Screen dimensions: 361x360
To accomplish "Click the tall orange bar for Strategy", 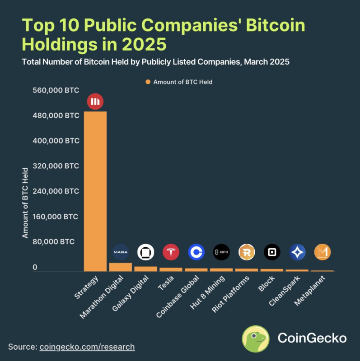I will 95,191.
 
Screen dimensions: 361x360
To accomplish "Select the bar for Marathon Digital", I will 120,267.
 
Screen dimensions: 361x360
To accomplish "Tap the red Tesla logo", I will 171,252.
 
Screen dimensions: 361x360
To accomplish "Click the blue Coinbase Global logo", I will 196,252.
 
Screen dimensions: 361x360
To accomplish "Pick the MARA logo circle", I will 121,252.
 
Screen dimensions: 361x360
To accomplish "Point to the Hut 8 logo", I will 221,252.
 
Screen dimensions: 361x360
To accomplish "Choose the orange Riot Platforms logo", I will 247,252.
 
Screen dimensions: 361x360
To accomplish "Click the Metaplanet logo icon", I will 323,252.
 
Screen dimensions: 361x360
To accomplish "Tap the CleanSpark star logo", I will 297,252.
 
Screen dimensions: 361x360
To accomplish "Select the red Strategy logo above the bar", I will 95,102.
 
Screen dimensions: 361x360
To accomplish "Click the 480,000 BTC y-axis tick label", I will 56,116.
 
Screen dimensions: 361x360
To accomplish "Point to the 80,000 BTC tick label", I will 54,241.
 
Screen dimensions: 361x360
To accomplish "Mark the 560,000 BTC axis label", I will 56,90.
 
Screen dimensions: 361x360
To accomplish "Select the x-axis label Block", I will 267,283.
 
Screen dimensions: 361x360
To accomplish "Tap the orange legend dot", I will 147,82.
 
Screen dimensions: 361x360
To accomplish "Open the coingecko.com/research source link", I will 87,347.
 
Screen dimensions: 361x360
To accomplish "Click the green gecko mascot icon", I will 256,338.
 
